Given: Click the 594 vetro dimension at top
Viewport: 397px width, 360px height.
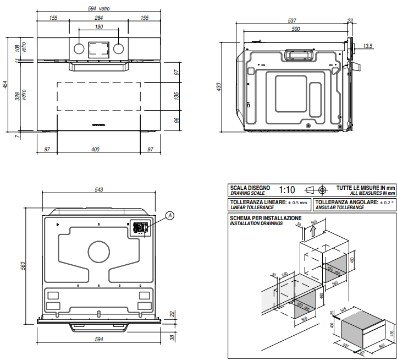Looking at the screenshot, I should coord(98,9).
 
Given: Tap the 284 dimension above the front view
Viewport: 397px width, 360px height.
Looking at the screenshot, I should coord(99,18).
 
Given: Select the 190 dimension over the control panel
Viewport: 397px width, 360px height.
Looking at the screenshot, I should coord(99,27).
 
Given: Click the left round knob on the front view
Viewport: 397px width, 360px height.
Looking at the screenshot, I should coord(79,48).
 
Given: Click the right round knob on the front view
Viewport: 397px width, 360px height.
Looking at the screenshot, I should coord(118,48).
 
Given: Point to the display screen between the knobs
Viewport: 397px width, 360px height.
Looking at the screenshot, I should coord(98,48).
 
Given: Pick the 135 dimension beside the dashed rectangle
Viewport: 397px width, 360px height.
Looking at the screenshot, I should coord(177,96).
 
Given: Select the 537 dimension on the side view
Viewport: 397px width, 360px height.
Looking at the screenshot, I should coord(291,21).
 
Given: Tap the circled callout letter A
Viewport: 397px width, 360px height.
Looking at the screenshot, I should coord(170,215).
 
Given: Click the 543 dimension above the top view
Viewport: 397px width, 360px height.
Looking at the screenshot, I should coord(99,190).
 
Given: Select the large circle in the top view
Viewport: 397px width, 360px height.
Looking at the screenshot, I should coord(99,253).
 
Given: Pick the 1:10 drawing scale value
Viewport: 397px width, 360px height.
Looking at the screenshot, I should coord(287,190).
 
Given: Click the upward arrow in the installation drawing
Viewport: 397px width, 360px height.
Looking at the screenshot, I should coord(313,231).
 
